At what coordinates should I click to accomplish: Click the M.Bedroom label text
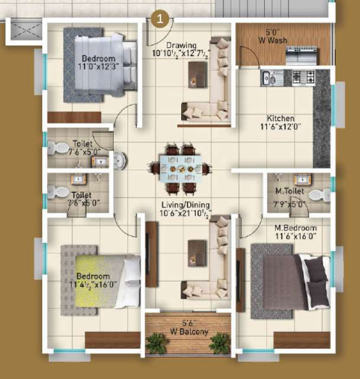click(274, 228)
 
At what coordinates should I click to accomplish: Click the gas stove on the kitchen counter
click(302, 76)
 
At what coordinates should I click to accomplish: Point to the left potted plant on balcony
click(157, 343)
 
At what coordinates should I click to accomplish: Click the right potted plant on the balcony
click(218, 343)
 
